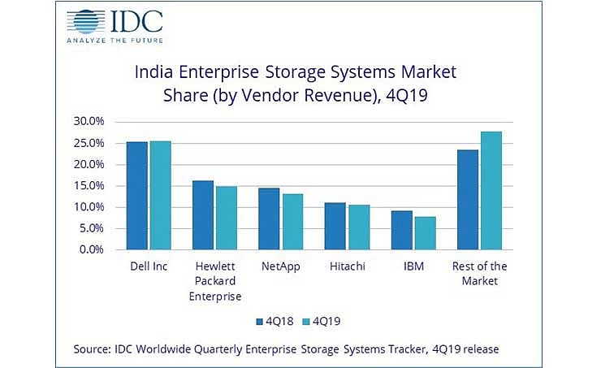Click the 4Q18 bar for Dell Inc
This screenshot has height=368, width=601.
pos(137,196)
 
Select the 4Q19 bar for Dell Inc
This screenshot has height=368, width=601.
pos(160,196)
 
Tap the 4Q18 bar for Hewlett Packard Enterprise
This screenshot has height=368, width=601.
pos(203,215)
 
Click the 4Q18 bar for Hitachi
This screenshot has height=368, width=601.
pos(335,227)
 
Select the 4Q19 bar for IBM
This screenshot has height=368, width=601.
pos(425,233)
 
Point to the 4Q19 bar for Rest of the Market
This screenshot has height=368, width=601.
pos(491,191)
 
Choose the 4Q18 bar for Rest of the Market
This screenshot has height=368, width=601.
pos(468,200)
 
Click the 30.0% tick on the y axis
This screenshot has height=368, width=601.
pos(89,121)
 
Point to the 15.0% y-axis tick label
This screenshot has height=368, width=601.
pos(89,185)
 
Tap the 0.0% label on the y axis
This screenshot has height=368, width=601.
pos(92,249)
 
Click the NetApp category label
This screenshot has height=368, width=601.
pos(281,266)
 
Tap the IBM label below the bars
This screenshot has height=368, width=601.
pos(413,266)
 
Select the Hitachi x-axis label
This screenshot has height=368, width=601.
pos(347,266)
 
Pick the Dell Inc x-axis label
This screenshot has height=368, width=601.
pos(149,266)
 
